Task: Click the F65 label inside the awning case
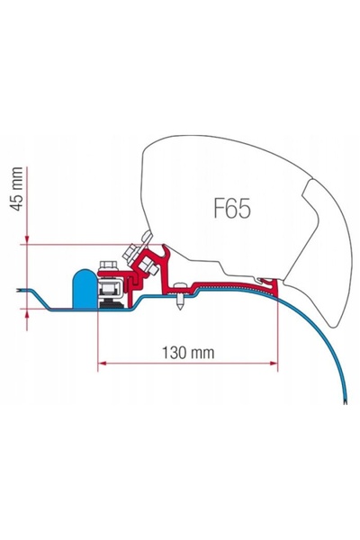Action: (232, 208)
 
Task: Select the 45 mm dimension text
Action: (16, 188)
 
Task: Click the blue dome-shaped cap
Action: (85, 289)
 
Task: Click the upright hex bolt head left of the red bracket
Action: (108, 265)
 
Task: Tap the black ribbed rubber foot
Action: (111, 303)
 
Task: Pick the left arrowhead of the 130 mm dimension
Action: (102, 363)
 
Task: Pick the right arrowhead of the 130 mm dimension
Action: (274, 363)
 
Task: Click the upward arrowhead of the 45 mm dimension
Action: (27, 313)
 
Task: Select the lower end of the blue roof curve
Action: (346, 401)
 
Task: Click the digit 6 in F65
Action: (231, 209)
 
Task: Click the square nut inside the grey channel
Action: (110, 287)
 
